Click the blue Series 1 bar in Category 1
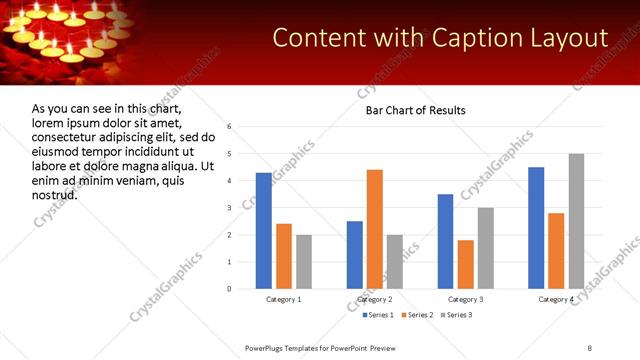click(x=264, y=231)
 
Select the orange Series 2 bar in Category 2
click(x=375, y=229)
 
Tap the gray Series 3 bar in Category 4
click(x=576, y=221)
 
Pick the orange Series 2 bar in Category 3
click(x=466, y=264)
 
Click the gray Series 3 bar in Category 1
click(x=304, y=262)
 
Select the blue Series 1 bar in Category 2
click(x=355, y=255)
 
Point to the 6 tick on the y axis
click(x=230, y=127)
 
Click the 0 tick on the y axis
click(x=230, y=289)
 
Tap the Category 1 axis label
click(x=284, y=299)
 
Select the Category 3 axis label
click(x=466, y=299)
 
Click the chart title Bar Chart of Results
click(x=415, y=110)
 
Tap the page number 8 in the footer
click(x=590, y=347)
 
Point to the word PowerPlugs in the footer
click(x=266, y=347)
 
